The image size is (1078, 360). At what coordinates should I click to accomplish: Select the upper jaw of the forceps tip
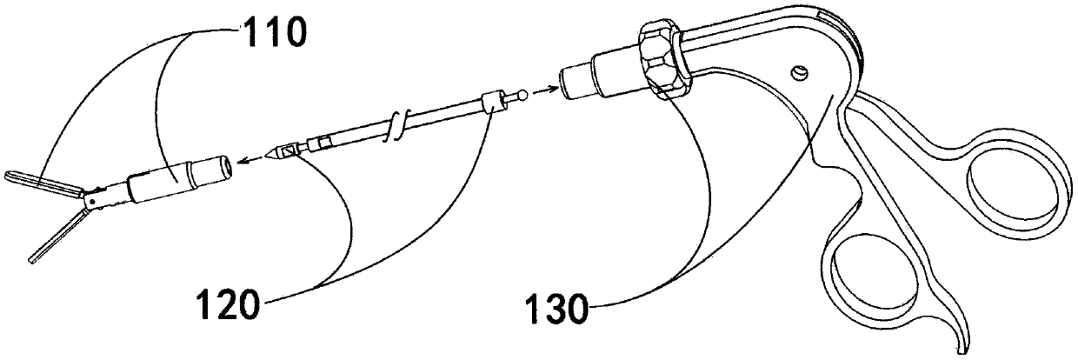(39, 180)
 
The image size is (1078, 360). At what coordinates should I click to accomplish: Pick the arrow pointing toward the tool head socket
(254, 157)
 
